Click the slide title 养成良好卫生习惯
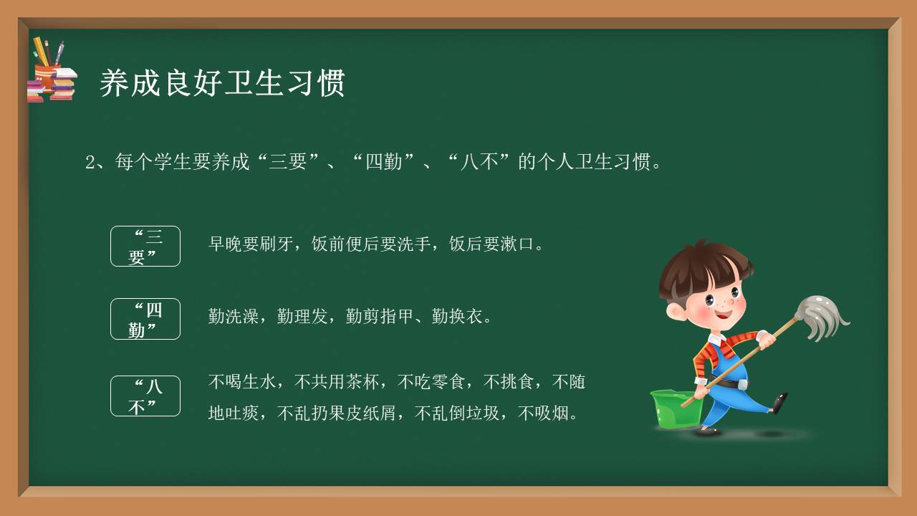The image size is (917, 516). [x=222, y=83]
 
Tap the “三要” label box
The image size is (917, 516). [x=145, y=246]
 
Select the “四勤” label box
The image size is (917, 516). [x=145, y=319]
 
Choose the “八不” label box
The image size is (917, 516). [x=145, y=396]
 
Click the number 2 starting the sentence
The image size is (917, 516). [x=90, y=163]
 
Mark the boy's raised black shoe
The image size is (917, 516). [x=780, y=402]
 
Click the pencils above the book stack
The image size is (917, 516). [x=49, y=52]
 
